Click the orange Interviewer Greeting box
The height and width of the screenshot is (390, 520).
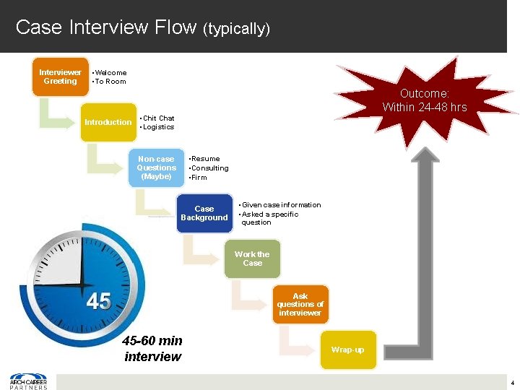pyautogui.click(x=60, y=77)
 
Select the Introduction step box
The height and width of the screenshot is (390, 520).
pyautogui.click(x=108, y=122)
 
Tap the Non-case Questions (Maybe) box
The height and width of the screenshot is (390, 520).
pyautogui.click(x=156, y=168)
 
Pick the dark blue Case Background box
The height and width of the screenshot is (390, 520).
pyautogui.click(x=204, y=213)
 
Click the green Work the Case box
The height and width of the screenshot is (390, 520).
pyautogui.click(x=251, y=259)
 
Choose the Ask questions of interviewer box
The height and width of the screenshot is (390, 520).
pyautogui.click(x=300, y=304)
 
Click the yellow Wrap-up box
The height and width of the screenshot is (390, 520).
pyautogui.click(x=347, y=350)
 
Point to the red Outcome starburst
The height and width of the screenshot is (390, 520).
pyautogui.click(x=424, y=100)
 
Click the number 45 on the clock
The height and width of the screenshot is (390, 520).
pyautogui.click(x=98, y=301)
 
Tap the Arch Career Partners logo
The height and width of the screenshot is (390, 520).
pyautogui.click(x=28, y=381)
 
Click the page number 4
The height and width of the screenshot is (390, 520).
pyautogui.click(x=512, y=381)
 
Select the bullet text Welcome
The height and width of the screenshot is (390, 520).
pyautogui.click(x=110, y=72)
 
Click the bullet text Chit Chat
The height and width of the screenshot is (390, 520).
pyautogui.click(x=158, y=118)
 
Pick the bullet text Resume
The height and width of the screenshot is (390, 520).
pyautogui.click(x=206, y=158)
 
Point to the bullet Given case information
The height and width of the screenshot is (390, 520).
pyautogui.click(x=282, y=205)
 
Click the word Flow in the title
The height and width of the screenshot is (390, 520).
pyautogui.click(x=173, y=27)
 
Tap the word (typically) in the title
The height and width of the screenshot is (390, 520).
pyautogui.click(x=236, y=29)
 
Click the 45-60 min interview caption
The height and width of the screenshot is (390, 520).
pyautogui.click(x=152, y=348)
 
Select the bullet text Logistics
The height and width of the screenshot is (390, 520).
pyautogui.click(x=158, y=127)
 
